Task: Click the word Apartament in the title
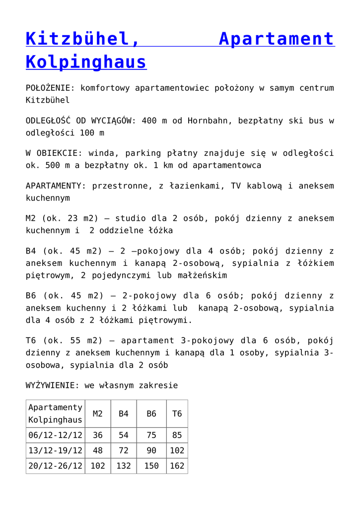[276, 39]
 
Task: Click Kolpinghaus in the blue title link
[86, 62]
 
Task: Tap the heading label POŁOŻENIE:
[50, 88]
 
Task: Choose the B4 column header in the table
[124, 413]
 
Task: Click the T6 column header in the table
[177, 413]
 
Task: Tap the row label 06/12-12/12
[55, 435]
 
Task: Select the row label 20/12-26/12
[55, 466]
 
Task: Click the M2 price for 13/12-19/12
[98, 450]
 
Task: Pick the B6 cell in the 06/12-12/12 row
[151, 435]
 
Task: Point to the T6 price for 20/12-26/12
[177, 466]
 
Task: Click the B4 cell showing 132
[124, 466]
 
